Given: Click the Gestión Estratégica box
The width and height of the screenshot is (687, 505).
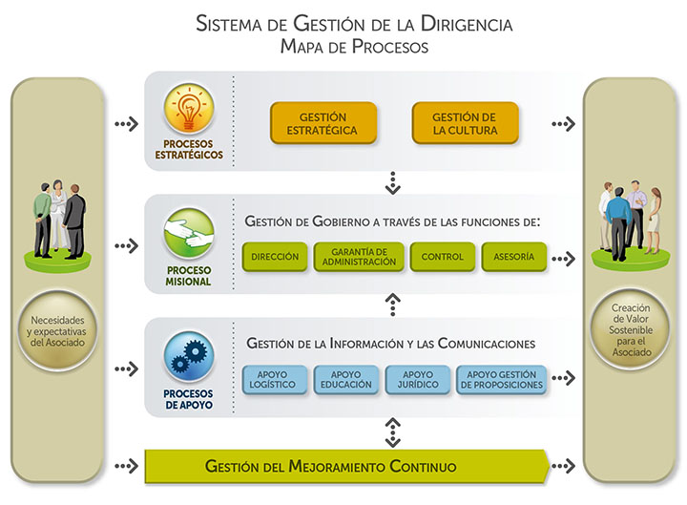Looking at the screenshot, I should click(x=323, y=123).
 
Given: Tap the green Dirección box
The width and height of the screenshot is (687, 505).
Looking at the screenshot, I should click(x=276, y=257).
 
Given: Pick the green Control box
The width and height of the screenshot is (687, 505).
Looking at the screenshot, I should click(x=442, y=257).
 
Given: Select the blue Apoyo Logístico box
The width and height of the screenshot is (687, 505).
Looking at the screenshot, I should click(x=277, y=379).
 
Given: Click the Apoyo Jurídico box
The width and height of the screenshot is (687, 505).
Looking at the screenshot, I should click(x=417, y=379).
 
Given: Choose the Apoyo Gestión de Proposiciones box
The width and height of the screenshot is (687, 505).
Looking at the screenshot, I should click(x=502, y=379).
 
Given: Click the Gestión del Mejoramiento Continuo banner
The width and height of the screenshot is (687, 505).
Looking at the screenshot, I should click(x=344, y=467).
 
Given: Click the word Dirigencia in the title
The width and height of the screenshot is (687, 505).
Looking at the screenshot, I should click(x=462, y=24).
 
